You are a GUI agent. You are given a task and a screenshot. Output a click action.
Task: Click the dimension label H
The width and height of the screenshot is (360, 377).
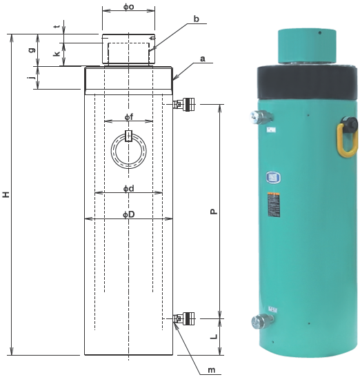point(6,195)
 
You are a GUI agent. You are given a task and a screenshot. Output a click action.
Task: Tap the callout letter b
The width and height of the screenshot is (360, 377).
point(196,20)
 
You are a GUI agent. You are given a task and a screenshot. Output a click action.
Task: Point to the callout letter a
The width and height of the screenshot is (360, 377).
point(203,59)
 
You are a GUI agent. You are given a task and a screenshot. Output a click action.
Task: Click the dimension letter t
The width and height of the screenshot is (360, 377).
point(56,27)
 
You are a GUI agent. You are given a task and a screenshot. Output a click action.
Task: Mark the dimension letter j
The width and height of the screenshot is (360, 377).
point(32,78)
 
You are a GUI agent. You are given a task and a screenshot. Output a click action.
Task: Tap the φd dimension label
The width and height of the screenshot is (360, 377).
point(128,188)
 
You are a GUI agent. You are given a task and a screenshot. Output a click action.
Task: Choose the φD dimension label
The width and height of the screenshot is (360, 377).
point(128,215)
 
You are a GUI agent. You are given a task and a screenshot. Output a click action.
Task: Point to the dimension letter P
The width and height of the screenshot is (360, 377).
point(214,211)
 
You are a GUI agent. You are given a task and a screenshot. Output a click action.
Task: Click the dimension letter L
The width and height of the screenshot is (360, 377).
point(214,337)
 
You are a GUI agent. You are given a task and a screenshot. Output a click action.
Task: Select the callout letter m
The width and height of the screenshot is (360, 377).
point(212,371)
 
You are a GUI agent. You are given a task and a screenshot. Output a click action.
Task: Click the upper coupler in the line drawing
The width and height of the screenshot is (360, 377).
point(183,105)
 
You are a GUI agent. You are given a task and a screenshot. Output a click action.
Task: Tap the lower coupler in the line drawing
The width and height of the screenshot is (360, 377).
point(183,318)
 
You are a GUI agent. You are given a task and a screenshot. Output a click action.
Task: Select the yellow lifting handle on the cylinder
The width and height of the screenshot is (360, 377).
point(347,136)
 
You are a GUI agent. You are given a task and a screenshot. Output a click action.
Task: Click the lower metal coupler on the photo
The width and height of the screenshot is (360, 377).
point(263,320)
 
